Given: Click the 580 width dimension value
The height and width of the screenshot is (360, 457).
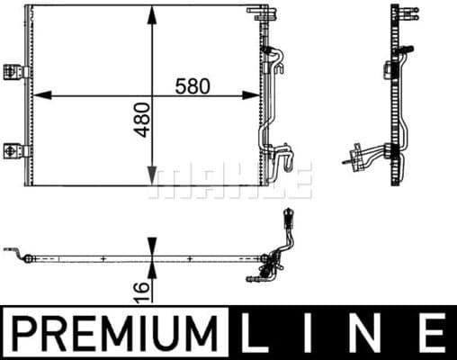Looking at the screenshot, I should tap(193, 86).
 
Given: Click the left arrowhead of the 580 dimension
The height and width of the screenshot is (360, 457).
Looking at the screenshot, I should tap(38, 93).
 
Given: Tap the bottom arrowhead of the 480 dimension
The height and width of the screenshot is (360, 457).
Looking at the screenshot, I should tap(152, 179).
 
